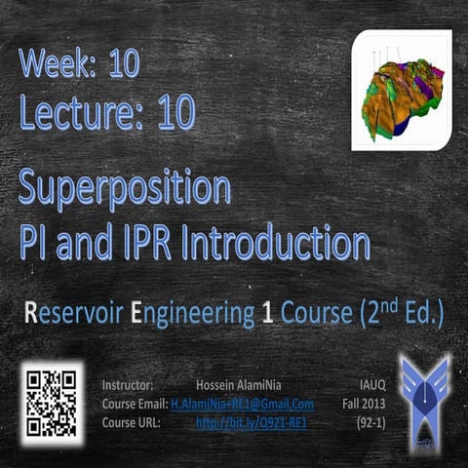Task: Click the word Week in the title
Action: [x=55, y=64]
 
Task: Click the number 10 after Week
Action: [x=124, y=64]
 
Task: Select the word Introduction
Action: [x=283, y=240]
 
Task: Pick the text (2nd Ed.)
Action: [x=400, y=315]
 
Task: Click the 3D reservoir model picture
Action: [x=401, y=91]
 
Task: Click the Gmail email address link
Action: [x=242, y=404]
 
